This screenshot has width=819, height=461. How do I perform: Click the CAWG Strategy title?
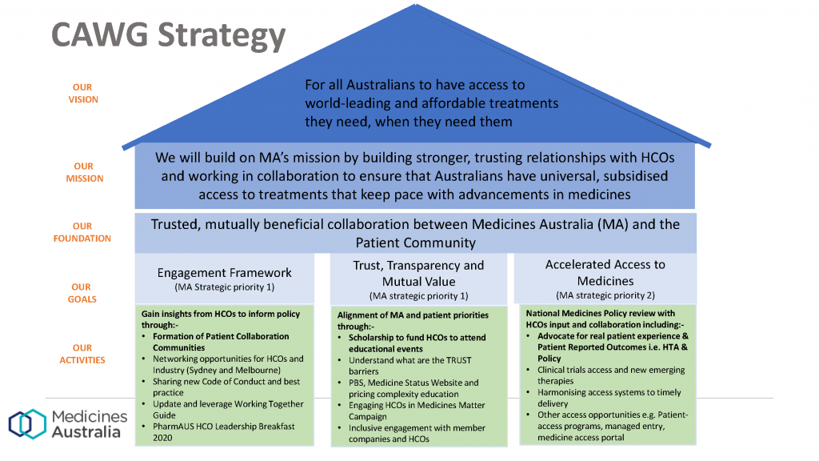(168, 35)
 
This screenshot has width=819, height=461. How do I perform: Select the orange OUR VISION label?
(83, 93)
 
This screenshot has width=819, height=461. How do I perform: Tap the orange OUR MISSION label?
(84, 172)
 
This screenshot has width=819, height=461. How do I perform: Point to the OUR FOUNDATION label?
(82, 232)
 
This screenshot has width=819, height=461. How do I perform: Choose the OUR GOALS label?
(82, 293)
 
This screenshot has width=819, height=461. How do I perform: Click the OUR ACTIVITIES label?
(82, 354)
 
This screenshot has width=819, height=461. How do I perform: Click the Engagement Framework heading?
(225, 272)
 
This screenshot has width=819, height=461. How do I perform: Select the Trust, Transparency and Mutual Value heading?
(418, 274)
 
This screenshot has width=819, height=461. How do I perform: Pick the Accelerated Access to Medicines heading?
(605, 272)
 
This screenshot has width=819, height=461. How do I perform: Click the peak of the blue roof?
(416, 5)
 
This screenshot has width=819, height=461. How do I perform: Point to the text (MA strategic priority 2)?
(605, 295)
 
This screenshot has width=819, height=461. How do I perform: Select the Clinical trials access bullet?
(606, 375)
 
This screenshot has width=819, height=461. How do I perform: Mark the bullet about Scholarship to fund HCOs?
(413, 343)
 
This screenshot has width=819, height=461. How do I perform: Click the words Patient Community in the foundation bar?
(416, 243)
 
